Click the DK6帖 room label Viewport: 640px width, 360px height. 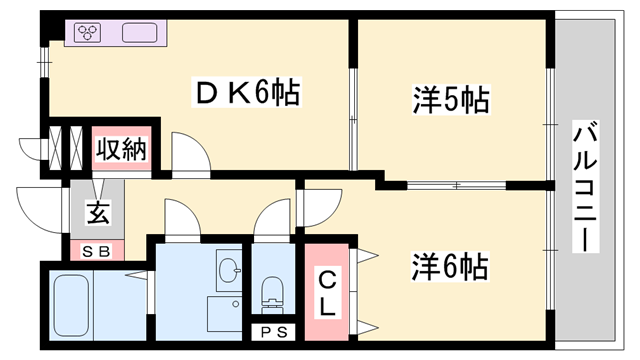pos(246,95)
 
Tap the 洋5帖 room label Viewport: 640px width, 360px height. pos(450,100)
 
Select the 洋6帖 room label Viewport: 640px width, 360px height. pos(450,267)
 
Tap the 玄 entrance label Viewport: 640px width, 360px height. pos(97,212)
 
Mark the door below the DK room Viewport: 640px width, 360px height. pos(188,152)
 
